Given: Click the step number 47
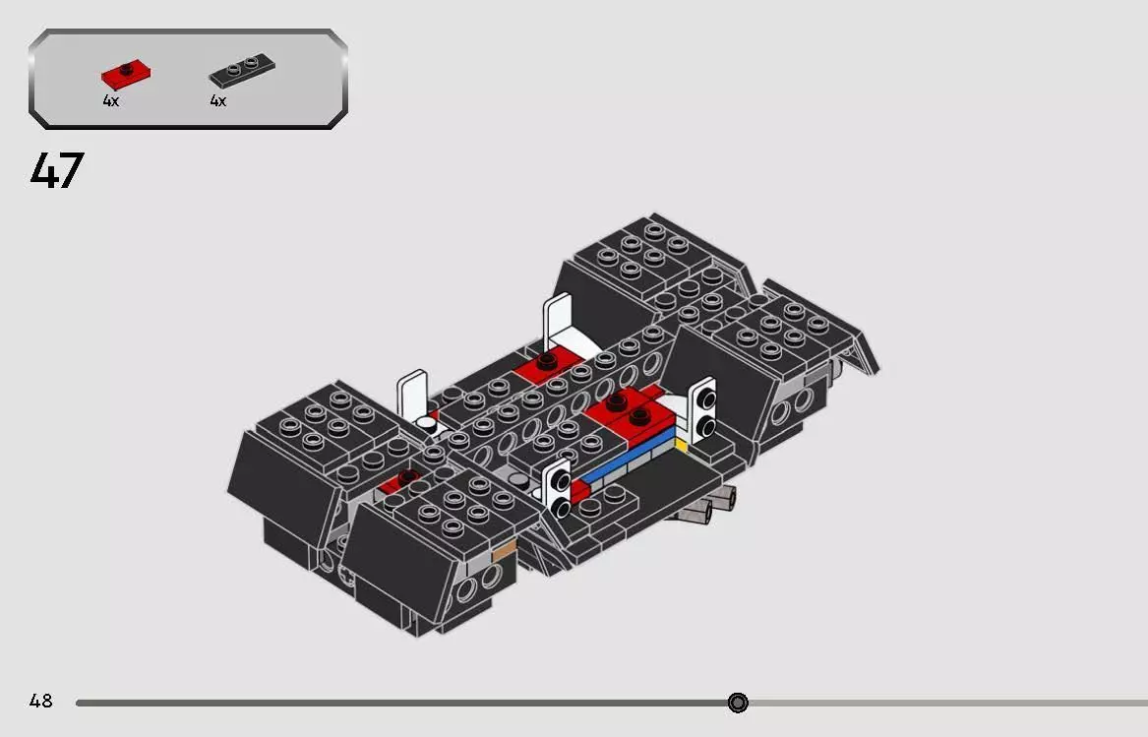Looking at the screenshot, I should click(57, 171).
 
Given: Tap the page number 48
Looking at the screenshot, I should click(40, 702).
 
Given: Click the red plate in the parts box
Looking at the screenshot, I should click(125, 73).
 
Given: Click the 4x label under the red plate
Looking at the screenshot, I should click(110, 101).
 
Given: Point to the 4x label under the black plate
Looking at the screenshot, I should click(217, 101).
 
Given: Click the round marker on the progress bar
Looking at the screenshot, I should click(738, 703).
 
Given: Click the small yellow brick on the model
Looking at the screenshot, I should click(680, 445).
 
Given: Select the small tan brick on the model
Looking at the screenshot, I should click(503, 552).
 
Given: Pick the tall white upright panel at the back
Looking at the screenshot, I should click(559, 319).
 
